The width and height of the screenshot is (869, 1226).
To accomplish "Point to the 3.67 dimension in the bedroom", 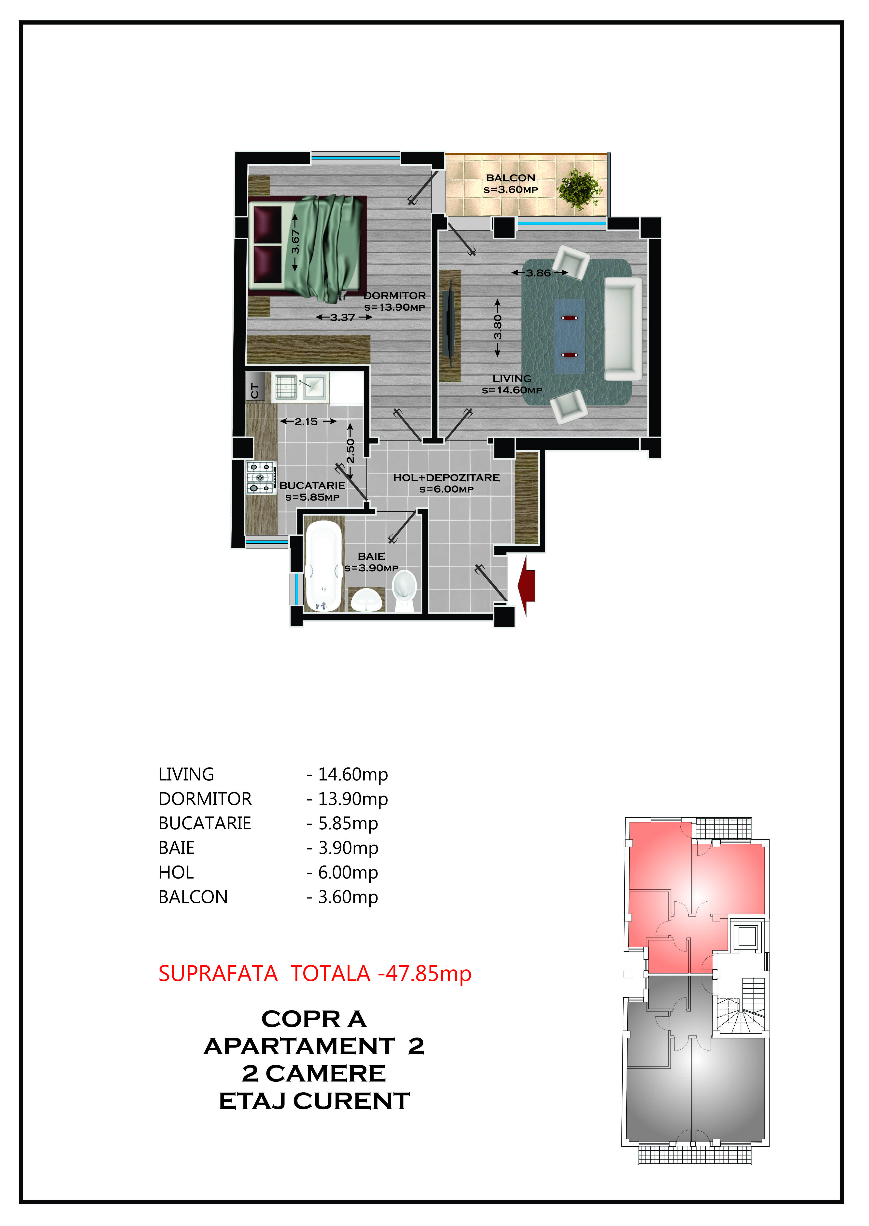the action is pos(295,242).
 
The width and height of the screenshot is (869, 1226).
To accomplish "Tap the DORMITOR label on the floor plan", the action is pos(395,296).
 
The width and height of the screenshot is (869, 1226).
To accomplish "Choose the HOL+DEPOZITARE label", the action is pos(446,477).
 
